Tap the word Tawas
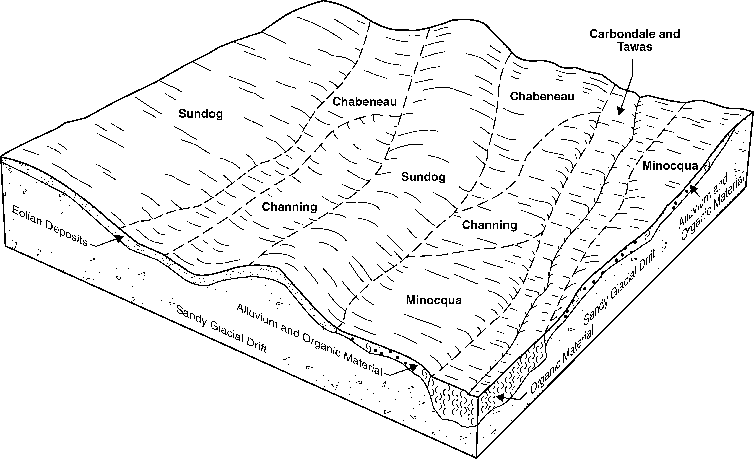pos(635,47)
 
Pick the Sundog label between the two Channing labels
pos(423,177)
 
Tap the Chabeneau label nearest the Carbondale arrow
pos(542,96)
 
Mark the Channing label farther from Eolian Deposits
pos(489,225)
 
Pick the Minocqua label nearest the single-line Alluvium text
pos(434,300)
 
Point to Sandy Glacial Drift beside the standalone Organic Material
pos(620,288)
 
